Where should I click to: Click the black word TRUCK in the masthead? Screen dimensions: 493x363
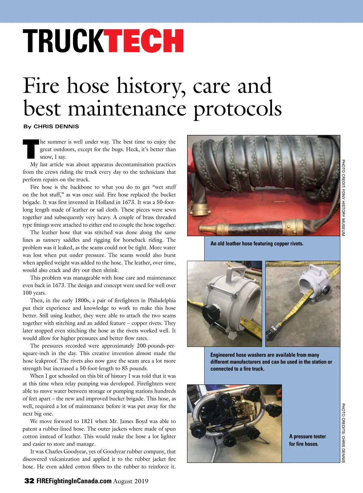point(64,41)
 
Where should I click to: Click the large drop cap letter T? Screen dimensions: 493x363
point(31,149)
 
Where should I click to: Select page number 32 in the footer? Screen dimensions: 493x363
point(29,481)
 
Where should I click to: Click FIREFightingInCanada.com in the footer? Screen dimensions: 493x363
point(74,481)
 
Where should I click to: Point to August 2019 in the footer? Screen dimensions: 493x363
point(131,481)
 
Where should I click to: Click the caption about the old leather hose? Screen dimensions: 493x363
point(257,244)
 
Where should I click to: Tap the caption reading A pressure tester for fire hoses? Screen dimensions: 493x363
point(307,440)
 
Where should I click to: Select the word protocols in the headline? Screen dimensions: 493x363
point(237,109)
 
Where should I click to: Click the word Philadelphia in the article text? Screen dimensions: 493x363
point(162,300)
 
